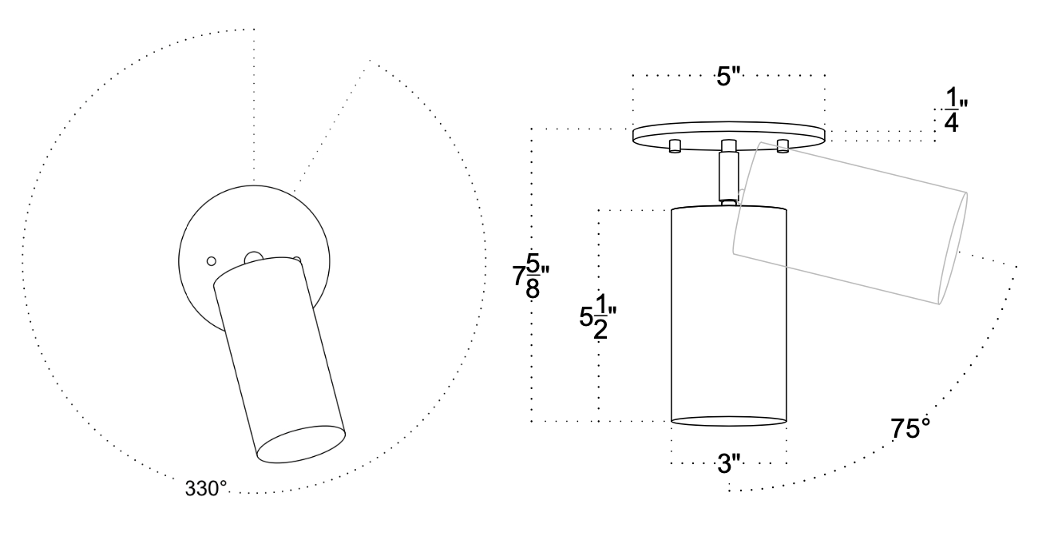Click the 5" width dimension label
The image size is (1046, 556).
pos(729,76)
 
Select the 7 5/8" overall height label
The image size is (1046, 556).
pos(531,276)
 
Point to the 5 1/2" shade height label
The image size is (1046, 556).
pos(598,317)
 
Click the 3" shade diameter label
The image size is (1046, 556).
pos(729,463)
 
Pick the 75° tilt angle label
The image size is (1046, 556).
pos(910,428)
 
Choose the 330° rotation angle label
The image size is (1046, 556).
pos(206,489)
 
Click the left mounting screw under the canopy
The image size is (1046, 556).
pos(675,145)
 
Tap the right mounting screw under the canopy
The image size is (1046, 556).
pos(783,145)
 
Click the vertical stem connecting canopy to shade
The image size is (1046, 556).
pos(729,174)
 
